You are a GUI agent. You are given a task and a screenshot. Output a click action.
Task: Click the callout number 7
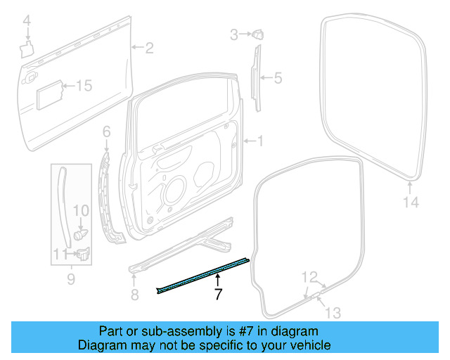218,295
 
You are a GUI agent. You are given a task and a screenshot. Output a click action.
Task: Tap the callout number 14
411,202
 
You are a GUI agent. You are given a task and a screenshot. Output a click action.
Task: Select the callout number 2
149,48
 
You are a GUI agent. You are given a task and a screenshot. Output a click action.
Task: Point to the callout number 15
84,86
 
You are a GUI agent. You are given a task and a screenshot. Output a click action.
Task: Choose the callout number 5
277,78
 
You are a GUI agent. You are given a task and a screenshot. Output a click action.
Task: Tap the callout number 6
107,131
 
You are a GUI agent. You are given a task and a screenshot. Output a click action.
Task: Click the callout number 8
134,295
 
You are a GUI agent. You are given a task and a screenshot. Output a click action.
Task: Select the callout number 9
70,281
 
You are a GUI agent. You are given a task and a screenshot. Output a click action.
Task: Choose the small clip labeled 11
83,255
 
